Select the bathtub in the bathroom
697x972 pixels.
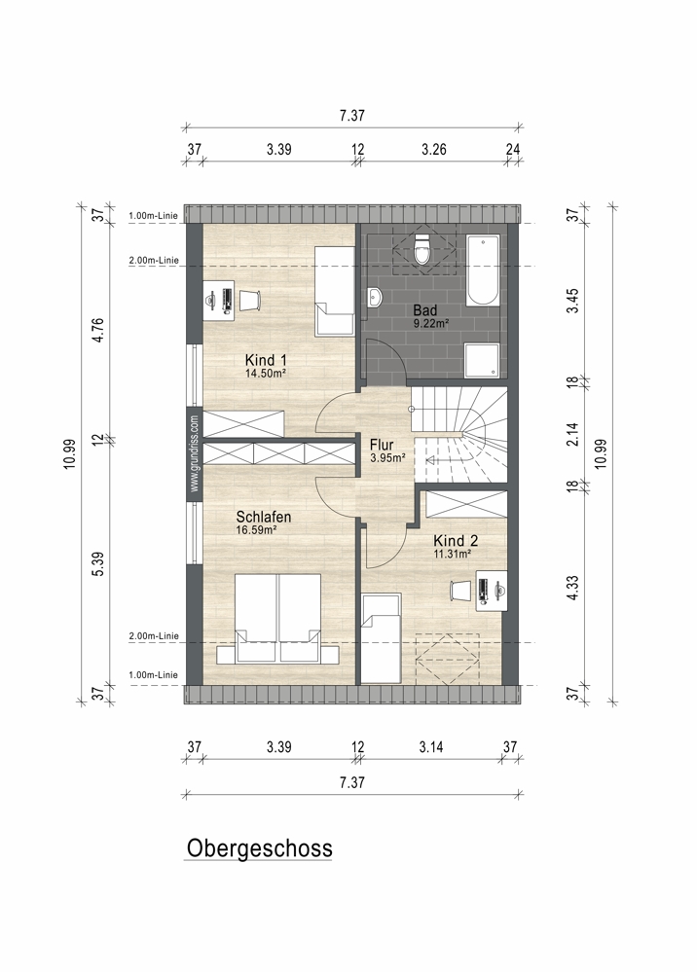(x=483, y=270)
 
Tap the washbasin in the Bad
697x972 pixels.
(x=375, y=297)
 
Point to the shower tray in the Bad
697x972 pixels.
(x=483, y=360)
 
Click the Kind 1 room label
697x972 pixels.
(x=266, y=360)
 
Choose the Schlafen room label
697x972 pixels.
(x=264, y=517)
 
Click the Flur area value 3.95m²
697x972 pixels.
(x=387, y=458)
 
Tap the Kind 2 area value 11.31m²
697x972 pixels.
(x=452, y=555)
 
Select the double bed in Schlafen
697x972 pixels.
(x=277, y=618)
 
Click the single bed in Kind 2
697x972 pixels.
(x=382, y=638)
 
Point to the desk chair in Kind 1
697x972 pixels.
(x=249, y=300)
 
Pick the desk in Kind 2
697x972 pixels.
(x=492, y=591)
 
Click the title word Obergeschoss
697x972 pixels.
(x=259, y=848)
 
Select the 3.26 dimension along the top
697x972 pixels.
(x=433, y=150)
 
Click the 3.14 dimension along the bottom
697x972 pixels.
(x=430, y=747)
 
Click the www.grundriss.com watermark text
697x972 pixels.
(x=195, y=453)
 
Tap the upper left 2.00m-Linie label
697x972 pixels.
(x=154, y=261)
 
